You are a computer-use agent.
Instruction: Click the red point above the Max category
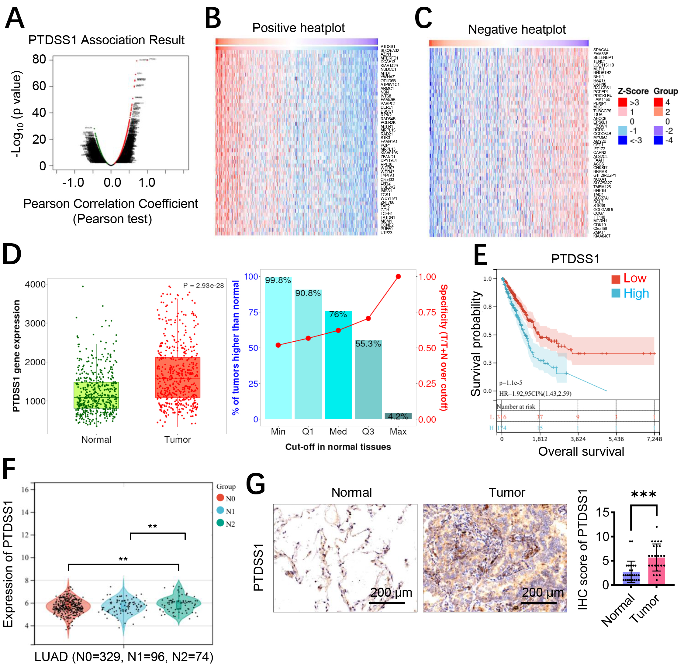pos(398,277)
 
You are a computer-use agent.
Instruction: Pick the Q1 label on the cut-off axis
pos(308,432)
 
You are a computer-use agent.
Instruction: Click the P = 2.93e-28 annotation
pos(203,285)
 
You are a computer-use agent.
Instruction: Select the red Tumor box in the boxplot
pos(178,377)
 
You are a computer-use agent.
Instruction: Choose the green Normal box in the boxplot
pos(96,395)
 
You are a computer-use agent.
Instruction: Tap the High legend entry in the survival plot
pos(630,293)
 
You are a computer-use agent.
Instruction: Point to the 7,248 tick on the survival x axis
pos(654,439)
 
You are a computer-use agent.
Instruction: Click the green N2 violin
pos(179,604)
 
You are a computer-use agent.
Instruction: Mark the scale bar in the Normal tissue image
pos(387,602)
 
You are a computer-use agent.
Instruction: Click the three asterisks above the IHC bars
pos(644,495)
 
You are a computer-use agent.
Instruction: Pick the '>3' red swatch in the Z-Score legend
pos(623,102)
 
